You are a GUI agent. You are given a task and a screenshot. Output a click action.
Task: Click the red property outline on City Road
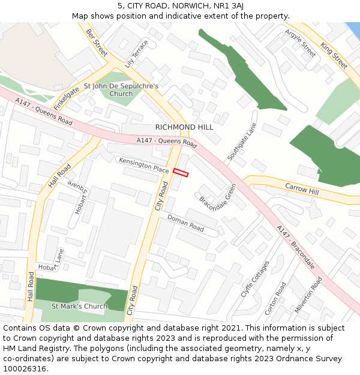click(181, 173)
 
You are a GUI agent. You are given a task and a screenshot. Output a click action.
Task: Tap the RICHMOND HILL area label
click(184, 127)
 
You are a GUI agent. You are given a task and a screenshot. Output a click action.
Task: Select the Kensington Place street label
click(144, 166)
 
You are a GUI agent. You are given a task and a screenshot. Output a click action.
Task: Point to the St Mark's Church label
click(79, 306)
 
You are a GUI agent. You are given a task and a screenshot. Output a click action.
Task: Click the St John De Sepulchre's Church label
click(121, 89)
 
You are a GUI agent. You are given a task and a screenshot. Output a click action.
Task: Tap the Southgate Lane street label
click(242, 142)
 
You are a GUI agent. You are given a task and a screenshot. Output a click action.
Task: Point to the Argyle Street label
click(300, 43)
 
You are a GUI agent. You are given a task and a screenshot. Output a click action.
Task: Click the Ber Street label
click(96, 42)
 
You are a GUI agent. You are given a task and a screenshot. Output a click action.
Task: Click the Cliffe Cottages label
click(255, 278)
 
